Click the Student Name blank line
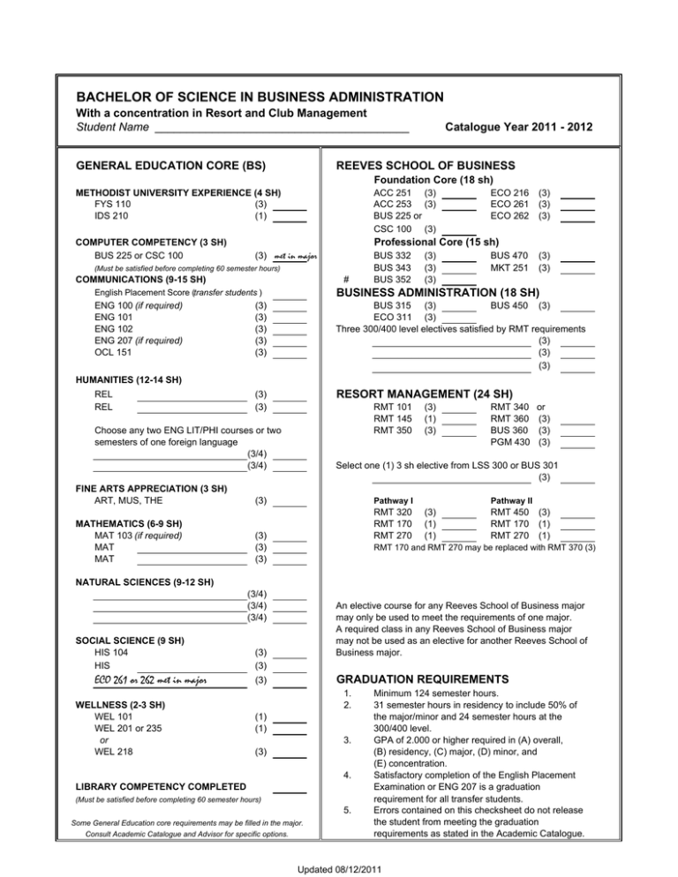281,131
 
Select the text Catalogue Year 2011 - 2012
520,128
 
